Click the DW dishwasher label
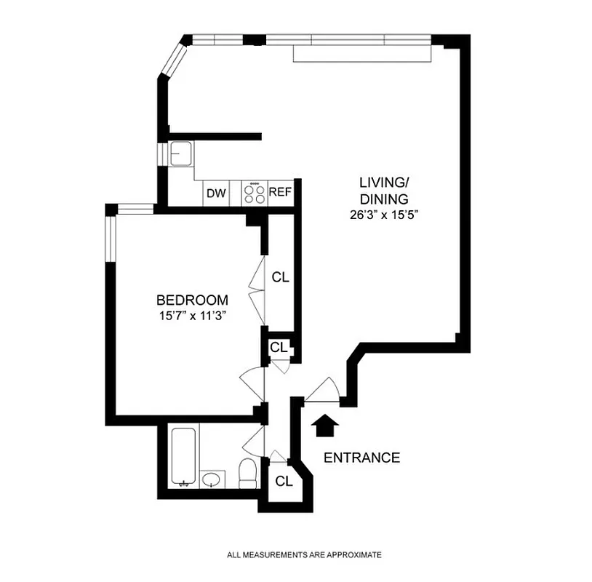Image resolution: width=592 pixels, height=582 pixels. point(215,193)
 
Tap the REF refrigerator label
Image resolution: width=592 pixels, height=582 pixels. point(280,193)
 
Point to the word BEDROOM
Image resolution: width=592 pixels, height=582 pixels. point(193,300)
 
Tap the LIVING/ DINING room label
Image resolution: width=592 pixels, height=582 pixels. point(383,190)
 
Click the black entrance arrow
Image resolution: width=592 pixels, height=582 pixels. point(325,425)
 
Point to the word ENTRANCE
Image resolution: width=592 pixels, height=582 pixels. point(361,458)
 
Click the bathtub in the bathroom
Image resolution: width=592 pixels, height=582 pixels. point(180,457)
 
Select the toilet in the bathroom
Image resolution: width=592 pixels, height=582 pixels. point(247,474)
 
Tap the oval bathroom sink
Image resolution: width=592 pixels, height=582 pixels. point(212,479)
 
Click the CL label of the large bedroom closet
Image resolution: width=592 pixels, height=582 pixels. point(281,277)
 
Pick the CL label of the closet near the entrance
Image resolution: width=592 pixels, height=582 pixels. point(284,481)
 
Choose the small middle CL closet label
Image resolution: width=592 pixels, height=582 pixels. point(279,347)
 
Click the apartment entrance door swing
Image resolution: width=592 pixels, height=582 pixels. point(321,391)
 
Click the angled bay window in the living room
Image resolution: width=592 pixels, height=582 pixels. point(174,59)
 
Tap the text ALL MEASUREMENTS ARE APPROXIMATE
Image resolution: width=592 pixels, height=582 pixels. point(303,555)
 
